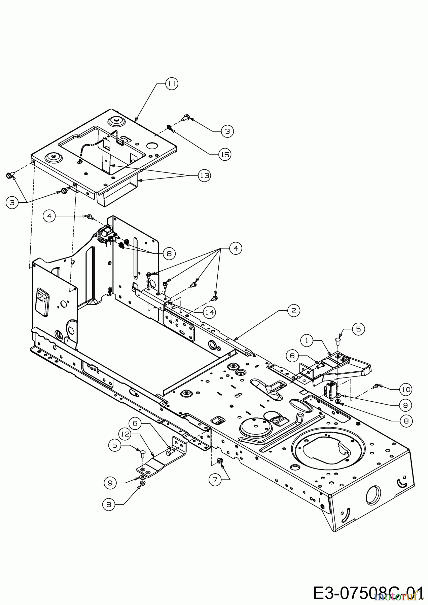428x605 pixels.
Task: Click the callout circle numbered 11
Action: (172, 84)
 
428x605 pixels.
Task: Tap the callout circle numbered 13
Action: (204, 175)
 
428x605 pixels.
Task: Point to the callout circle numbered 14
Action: (209, 312)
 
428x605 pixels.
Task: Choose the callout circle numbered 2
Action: (293, 311)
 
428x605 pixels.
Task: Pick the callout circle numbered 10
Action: (406, 390)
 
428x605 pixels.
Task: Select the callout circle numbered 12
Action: (126, 434)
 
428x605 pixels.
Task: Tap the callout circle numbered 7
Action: (215, 480)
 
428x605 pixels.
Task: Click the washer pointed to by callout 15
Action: (169, 127)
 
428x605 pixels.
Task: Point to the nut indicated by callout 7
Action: (220, 461)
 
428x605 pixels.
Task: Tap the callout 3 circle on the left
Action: (12, 203)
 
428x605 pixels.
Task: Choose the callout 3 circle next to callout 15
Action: (227, 131)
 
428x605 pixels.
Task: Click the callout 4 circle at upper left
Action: (49, 216)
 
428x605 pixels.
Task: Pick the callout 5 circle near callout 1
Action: (358, 329)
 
